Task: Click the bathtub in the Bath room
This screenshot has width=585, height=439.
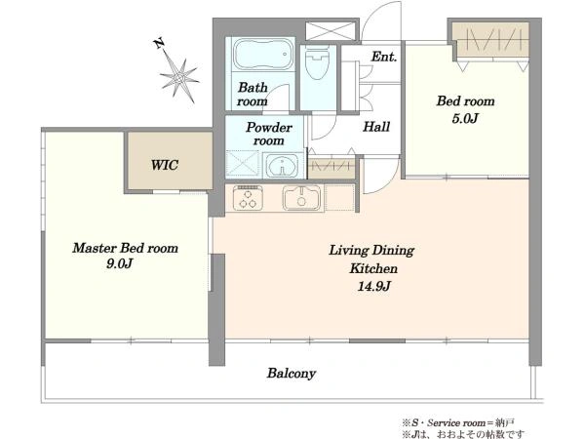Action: click(x=260, y=54)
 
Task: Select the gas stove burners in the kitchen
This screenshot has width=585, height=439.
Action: click(x=248, y=197)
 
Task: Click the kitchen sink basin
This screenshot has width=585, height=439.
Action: click(x=301, y=197)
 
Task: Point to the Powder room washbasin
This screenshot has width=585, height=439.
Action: click(x=282, y=166)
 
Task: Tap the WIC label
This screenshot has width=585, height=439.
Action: click(x=164, y=165)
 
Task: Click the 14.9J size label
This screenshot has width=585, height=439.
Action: click(x=373, y=286)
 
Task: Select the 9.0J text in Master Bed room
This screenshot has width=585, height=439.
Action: click(x=119, y=264)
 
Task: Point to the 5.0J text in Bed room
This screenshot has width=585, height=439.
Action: click(x=465, y=118)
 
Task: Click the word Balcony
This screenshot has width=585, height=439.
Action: click(x=292, y=374)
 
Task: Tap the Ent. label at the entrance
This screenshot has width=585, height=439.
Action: click(x=383, y=57)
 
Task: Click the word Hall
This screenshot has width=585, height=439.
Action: click(x=376, y=127)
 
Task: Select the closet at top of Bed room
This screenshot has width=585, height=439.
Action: click(x=489, y=40)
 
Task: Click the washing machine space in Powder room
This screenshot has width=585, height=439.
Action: click(x=243, y=163)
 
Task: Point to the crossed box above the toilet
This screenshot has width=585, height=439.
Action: click(x=330, y=30)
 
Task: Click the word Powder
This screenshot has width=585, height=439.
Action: click(x=269, y=127)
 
